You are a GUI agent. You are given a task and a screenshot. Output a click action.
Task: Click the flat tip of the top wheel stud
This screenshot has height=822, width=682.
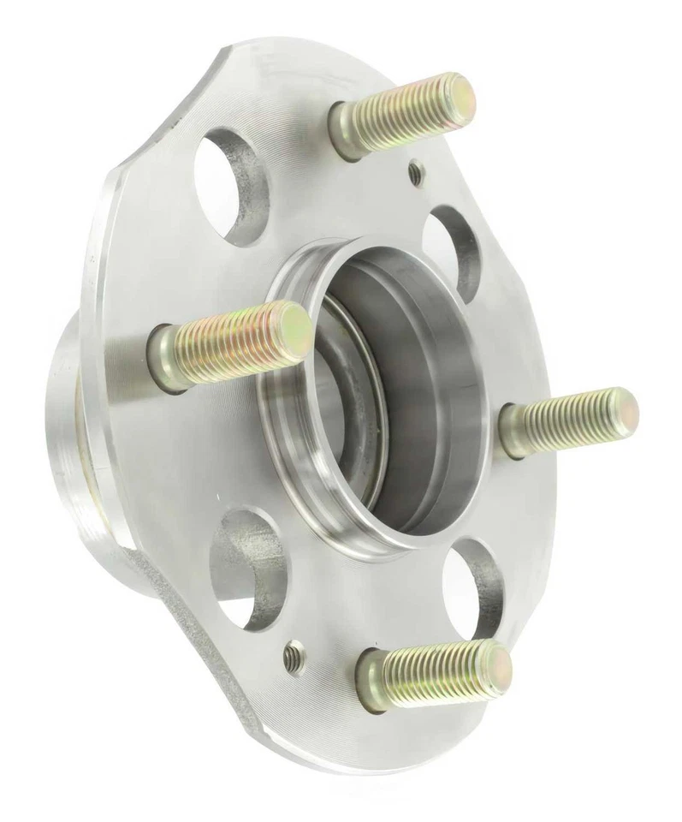coord(454,95)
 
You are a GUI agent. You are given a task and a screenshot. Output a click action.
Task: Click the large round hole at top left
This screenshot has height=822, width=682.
coord(232,176)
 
